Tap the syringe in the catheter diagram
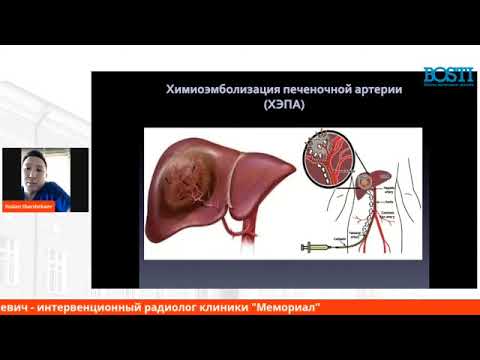[x=317, y=244]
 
